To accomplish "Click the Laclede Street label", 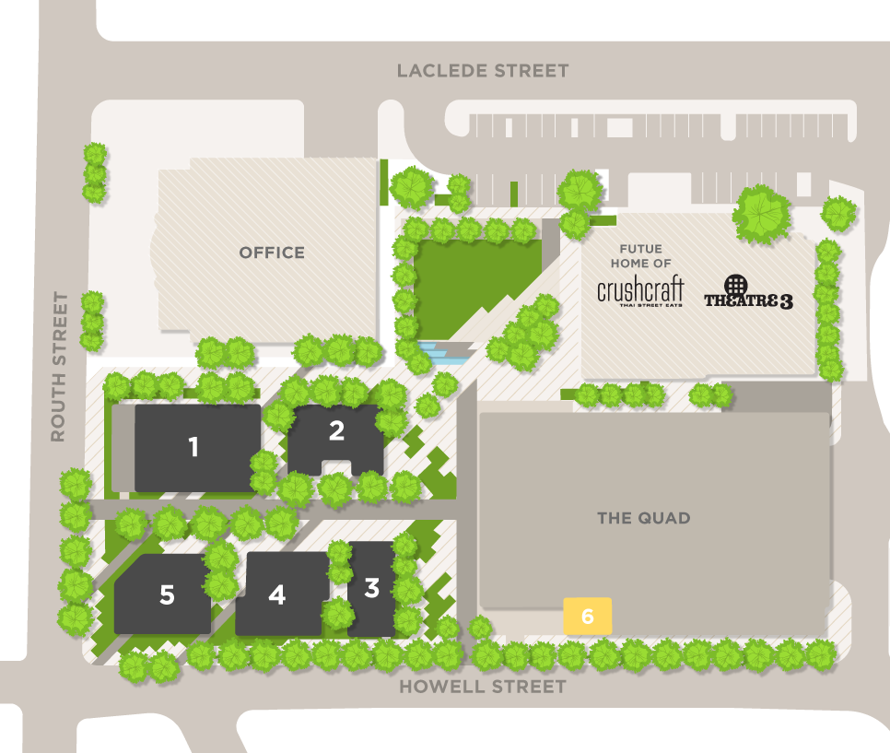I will pos(483,71).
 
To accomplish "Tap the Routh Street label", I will pos(60,367).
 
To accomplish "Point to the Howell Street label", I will pos(482,687).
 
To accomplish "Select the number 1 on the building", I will pos(193,448).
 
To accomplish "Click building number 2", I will pos(336,430).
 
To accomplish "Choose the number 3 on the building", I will pos(372,588).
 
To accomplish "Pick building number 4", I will pos(277,595).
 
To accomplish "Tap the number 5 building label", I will pos(167,595).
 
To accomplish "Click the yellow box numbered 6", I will pos(588,615).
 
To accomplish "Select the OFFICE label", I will pos(272,253).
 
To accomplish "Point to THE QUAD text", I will pos(643,518).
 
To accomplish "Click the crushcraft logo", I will pos(640,290).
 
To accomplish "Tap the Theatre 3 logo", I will pos(748,300).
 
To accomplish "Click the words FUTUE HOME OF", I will pos(641,256).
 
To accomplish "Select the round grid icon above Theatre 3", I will pos(735,285).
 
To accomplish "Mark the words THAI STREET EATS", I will pos(641,305).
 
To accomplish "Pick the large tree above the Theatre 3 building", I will pos(761,215).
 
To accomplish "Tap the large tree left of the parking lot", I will pos(411,187).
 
